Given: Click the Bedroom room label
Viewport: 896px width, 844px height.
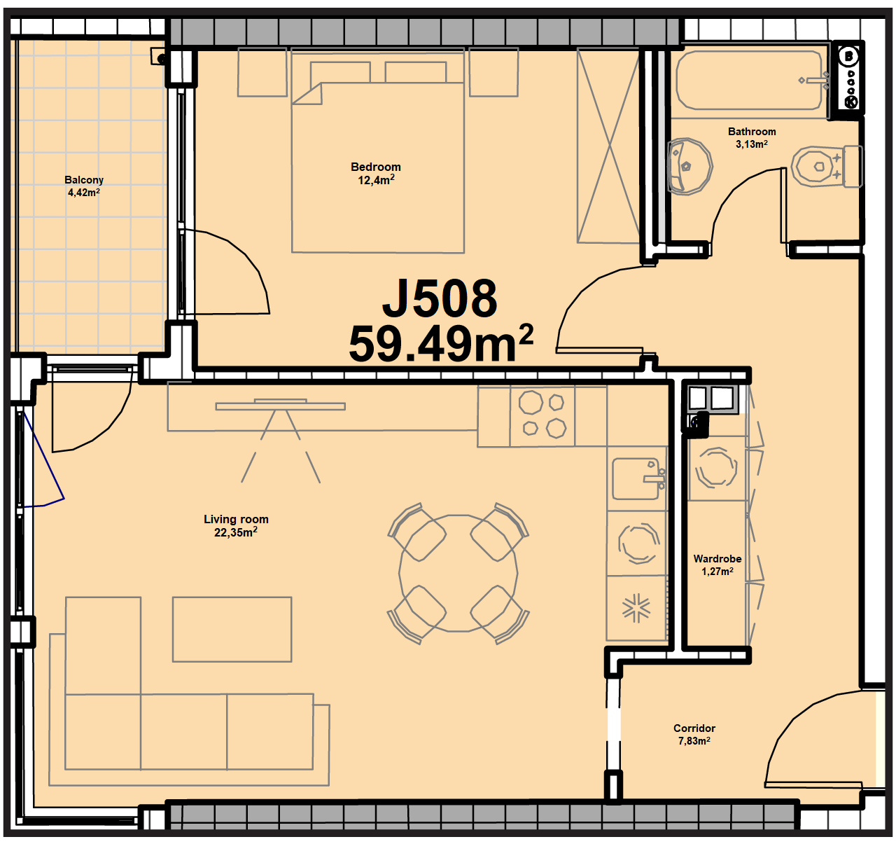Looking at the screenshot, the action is [x=375, y=167].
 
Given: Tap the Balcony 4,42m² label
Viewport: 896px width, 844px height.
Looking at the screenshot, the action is [x=84, y=186].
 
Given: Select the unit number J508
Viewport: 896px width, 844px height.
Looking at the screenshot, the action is [x=440, y=299].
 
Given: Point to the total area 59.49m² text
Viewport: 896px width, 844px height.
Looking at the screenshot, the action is [x=441, y=344].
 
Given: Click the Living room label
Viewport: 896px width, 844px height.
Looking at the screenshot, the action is [x=236, y=519].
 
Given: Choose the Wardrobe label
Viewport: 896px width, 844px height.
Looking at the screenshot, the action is [x=717, y=559].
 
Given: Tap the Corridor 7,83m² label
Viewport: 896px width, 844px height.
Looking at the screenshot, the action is [x=694, y=735].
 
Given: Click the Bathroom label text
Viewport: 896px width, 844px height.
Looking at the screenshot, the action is [x=752, y=132].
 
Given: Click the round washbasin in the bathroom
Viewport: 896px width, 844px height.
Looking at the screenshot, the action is [x=689, y=166].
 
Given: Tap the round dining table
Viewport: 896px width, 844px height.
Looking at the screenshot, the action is [x=458, y=573].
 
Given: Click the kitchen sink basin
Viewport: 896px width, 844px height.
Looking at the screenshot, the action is [x=636, y=478].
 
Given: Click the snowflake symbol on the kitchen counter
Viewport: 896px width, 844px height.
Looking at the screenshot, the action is [x=636, y=608].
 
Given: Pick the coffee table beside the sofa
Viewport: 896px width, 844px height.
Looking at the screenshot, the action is [x=232, y=630].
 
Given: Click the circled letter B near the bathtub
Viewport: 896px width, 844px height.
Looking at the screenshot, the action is [x=849, y=57].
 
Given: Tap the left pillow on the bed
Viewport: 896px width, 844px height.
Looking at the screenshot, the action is [x=341, y=72].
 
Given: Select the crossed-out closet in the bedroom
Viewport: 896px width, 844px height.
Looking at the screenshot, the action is [x=608, y=146].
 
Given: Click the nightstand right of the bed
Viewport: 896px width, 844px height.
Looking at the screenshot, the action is [x=493, y=72].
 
